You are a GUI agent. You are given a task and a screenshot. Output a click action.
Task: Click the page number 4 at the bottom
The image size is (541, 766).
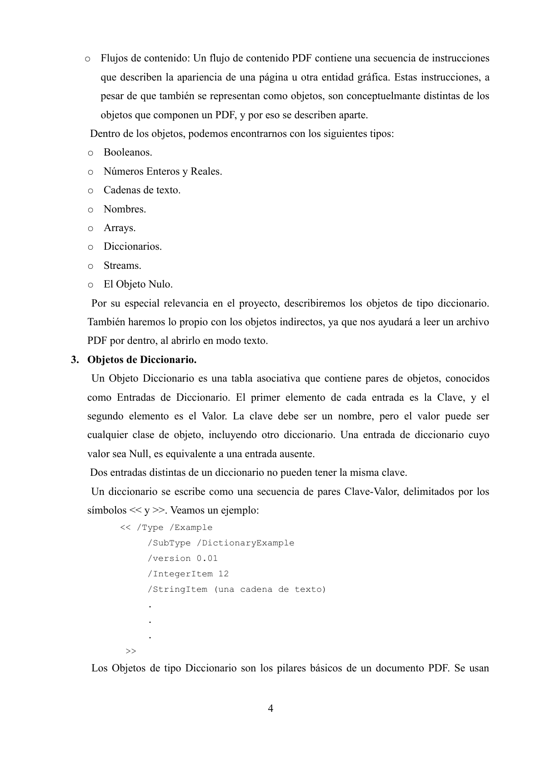(x=270, y=708)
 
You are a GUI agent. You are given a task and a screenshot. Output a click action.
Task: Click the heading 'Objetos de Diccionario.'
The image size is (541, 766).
(x=142, y=360)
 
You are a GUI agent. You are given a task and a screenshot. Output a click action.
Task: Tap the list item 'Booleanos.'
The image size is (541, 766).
(x=128, y=152)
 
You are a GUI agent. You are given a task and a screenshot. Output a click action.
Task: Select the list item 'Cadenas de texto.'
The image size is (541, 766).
(x=142, y=190)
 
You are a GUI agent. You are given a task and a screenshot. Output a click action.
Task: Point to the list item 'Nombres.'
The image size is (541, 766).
(x=125, y=209)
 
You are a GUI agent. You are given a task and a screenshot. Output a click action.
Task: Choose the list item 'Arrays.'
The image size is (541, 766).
(x=120, y=228)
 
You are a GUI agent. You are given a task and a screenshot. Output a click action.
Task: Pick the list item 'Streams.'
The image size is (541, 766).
(x=122, y=266)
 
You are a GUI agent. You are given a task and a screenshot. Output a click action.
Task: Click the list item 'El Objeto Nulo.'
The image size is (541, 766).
(x=138, y=284)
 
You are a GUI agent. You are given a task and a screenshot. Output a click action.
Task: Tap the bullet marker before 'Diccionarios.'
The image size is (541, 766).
(x=90, y=247)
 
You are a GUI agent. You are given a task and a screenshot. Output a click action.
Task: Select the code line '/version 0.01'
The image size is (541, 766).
(x=182, y=559)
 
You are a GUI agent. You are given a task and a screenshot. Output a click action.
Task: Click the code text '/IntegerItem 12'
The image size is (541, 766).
(x=188, y=574)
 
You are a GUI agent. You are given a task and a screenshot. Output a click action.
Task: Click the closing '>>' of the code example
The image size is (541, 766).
(x=130, y=651)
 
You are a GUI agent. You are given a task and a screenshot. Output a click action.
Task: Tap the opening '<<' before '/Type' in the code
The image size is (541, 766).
(x=125, y=528)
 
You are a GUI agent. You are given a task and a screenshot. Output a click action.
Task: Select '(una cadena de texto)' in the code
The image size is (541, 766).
(x=270, y=590)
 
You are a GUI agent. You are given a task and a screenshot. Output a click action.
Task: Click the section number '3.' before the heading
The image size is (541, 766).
(x=75, y=360)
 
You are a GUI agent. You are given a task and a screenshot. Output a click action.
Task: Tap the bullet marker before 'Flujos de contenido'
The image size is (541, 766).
(x=87, y=59)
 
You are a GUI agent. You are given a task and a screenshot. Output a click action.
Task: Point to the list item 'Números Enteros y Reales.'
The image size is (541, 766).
(x=163, y=171)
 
